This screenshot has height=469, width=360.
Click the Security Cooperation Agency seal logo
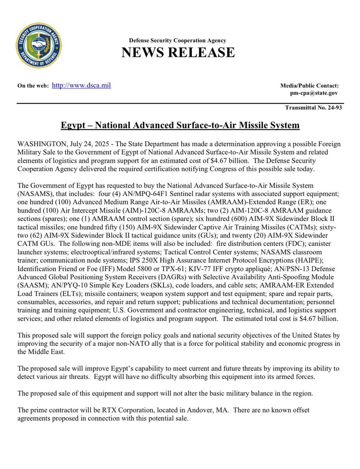pyautogui.click(x=38, y=46)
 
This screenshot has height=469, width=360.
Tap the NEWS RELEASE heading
pyautogui.click(x=178, y=52)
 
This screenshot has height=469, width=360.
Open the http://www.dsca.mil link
pyautogui.click(x=81, y=85)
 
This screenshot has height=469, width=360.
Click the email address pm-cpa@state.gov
pyautogui.click(x=314, y=93)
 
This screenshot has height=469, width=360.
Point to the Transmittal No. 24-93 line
pyautogui.click(x=313, y=108)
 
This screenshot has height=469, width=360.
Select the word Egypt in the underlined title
pyautogui.click(x=73, y=125)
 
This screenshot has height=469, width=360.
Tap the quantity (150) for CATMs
pyautogui.click(x=96, y=227)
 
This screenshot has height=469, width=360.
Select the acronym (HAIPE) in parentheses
pyautogui.click(x=310, y=261)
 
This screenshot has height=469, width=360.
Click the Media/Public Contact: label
pyautogui.click(x=309, y=86)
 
